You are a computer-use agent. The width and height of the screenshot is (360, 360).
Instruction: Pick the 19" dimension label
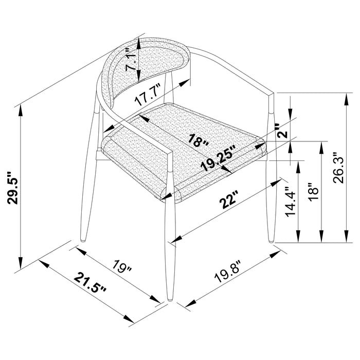click(x=123, y=267)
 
